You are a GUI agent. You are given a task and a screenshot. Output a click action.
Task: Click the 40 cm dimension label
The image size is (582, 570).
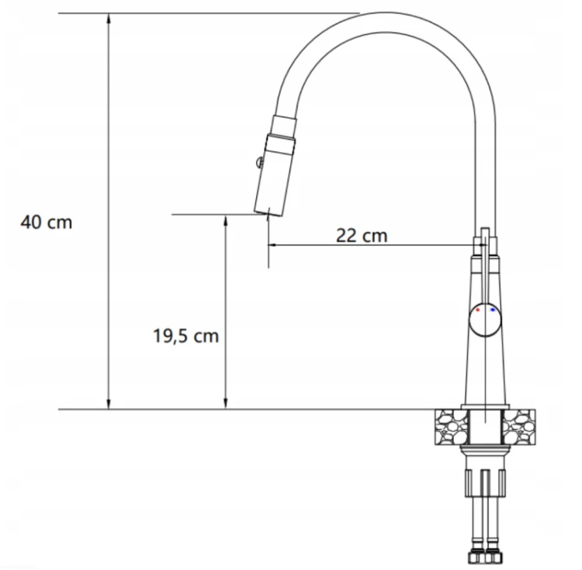coord(47,223)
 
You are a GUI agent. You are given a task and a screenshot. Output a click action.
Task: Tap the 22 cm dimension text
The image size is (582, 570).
coord(362,236)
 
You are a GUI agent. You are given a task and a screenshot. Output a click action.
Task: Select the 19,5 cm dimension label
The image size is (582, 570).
coord(186,336)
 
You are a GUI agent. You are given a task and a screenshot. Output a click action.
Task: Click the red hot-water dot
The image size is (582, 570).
coord(478,309)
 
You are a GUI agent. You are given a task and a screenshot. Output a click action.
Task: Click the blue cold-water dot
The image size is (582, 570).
coord(493,309)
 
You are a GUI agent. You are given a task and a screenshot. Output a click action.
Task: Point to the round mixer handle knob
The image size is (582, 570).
coord(485,320)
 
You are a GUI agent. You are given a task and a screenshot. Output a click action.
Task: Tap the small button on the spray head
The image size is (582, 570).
coord(258,161)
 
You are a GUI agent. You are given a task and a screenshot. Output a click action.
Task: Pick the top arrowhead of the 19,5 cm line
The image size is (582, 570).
coord(225,220)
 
